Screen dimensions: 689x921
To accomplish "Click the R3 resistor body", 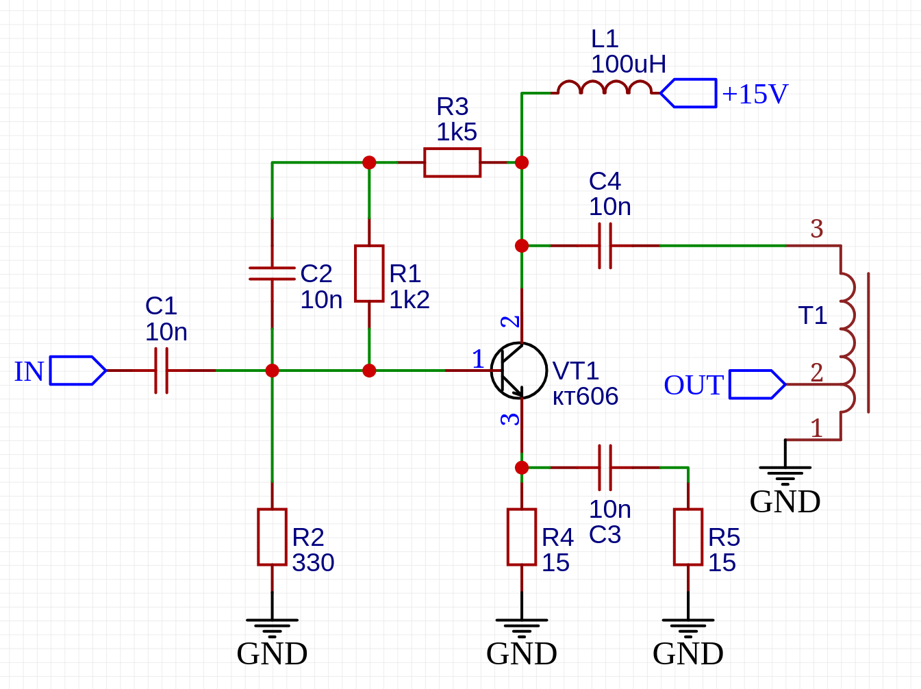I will (x=452, y=162).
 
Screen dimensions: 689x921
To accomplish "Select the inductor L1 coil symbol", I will (x=604, y=88).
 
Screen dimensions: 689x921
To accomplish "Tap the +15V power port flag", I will (x=690, y=93).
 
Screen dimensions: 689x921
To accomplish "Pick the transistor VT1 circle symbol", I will (x=519, y=371).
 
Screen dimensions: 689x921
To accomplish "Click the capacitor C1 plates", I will (x=161, y=371).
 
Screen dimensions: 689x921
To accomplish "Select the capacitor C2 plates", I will (x=272, y=273).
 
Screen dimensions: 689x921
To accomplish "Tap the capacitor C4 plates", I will (x=605, y=245).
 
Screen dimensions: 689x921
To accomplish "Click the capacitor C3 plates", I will (x=605, y=468).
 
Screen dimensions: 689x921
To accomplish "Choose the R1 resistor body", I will (x=369, y=273).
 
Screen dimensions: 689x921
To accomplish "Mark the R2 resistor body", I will (x=272, y=537).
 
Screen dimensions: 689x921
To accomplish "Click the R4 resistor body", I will (x=522, y=537).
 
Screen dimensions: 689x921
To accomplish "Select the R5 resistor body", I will (x=688, y=537).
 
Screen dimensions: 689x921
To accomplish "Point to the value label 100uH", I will (x=628, y=64).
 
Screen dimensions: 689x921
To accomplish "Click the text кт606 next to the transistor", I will (x=585, y=397).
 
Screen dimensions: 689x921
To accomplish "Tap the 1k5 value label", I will (x=457, y=132).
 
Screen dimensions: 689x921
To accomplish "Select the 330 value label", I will (x=313, y=563).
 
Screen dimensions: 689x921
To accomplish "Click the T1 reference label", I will (x=813, y=316).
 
